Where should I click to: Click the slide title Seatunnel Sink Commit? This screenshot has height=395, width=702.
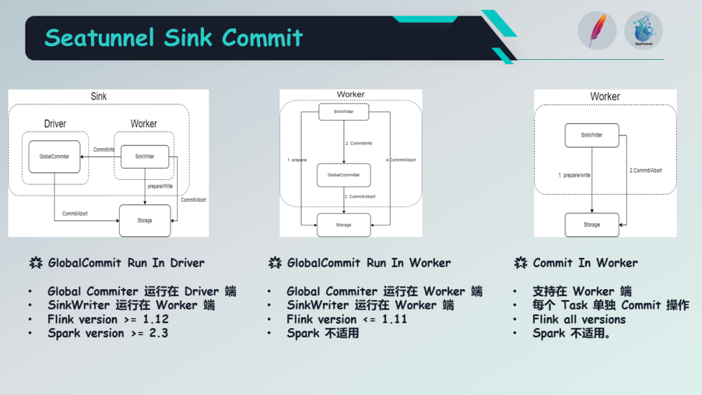174,38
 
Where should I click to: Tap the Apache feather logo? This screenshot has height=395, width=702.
597,31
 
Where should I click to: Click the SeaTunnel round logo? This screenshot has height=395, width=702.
643,31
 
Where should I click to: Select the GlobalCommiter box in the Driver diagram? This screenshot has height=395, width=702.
55,157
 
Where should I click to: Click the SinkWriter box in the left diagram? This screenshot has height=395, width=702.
144,157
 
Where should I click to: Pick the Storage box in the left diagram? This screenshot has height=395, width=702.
144,220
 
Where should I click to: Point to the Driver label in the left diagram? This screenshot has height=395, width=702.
55,123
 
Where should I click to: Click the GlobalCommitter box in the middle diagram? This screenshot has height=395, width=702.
343,175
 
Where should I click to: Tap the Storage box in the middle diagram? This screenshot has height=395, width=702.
343,225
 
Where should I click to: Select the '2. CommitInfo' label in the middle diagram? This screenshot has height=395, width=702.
359,143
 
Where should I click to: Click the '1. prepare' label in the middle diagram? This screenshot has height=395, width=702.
296,159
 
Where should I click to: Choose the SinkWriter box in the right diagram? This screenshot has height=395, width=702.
591,135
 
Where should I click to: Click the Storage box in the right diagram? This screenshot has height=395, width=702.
591,225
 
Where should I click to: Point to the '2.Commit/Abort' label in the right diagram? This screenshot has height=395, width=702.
645,170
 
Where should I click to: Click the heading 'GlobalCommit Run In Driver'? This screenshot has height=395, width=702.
126,263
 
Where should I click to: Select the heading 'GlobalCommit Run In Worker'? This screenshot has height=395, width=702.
369,263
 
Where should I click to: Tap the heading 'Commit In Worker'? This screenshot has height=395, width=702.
585,263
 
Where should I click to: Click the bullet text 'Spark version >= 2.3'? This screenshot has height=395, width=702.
108,333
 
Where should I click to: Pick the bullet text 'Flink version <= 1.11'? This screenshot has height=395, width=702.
347,319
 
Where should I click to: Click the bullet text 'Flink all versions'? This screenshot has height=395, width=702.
579,319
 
